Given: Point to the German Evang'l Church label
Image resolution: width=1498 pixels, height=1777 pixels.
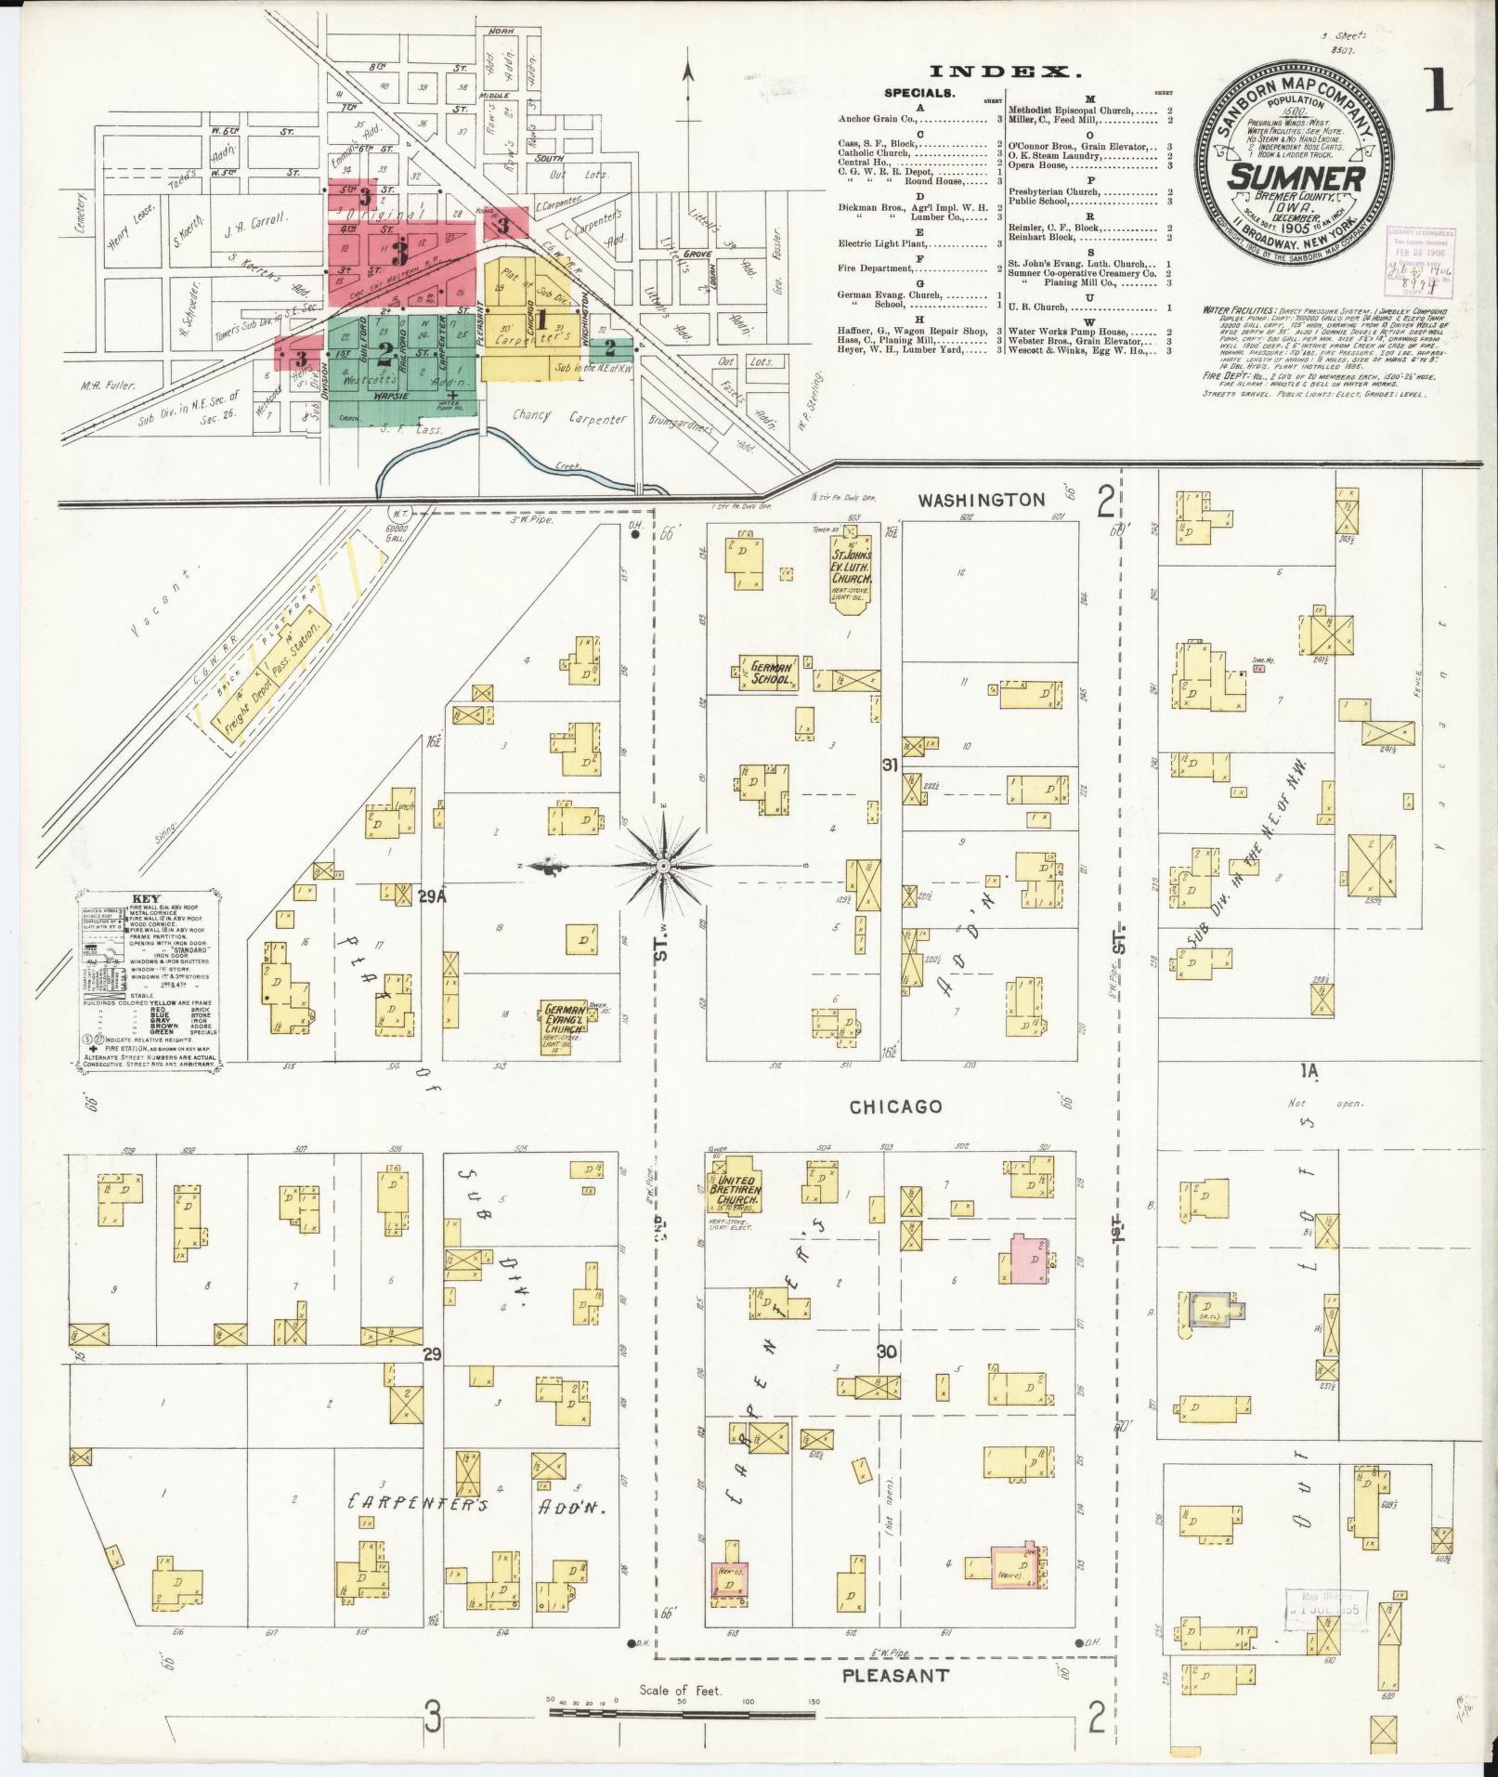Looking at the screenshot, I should pyautogui.click(x=565, y=1017).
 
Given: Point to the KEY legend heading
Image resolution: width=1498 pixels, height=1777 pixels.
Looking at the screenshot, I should pyautogui.click(x=147, y=898).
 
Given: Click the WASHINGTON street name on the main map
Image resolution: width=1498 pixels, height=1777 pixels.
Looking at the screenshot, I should pyautogui.click(x=982, y=500).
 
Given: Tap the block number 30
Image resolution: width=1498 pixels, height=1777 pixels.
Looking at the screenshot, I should pyautogui.click(x=888, y=1352).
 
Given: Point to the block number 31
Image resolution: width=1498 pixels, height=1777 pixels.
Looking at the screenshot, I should pyautogui.click(x=890, y=764).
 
